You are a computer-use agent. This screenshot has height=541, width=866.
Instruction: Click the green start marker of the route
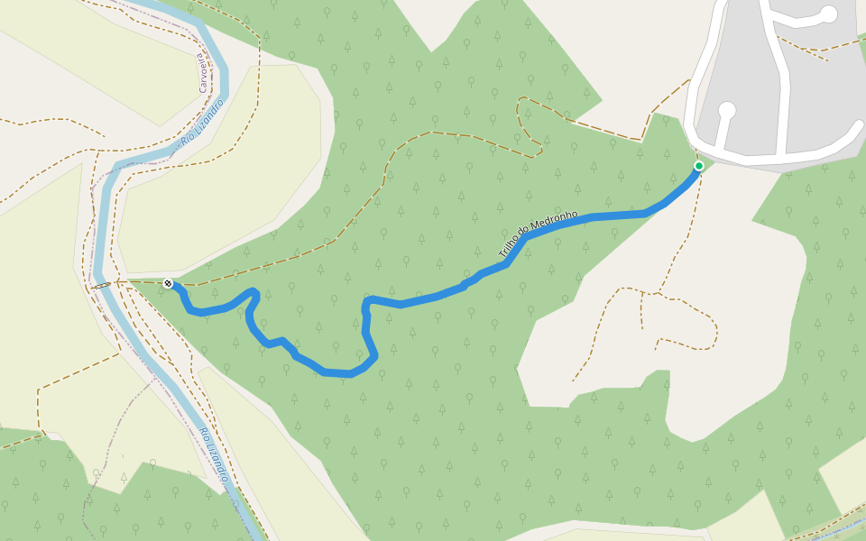coord(698,166)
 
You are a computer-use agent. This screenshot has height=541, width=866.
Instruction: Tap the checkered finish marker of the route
coord(168,284)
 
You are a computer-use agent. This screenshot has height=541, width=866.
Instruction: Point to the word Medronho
coord(556,222)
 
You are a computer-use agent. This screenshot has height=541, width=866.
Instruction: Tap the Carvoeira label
coord(202,72)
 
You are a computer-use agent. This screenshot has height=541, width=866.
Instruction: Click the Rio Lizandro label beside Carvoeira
coord(202,123)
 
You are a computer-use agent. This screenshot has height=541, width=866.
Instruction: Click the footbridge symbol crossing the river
coord(102,286)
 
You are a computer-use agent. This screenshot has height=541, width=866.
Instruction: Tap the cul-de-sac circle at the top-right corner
coord(828,14)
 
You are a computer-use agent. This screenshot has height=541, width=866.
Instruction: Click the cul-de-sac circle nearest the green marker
coord(726,111)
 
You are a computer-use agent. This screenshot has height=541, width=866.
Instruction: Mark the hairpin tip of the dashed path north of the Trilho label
coord(540,151)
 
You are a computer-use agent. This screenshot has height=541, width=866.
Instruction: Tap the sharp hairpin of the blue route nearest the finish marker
coord(254,293)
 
